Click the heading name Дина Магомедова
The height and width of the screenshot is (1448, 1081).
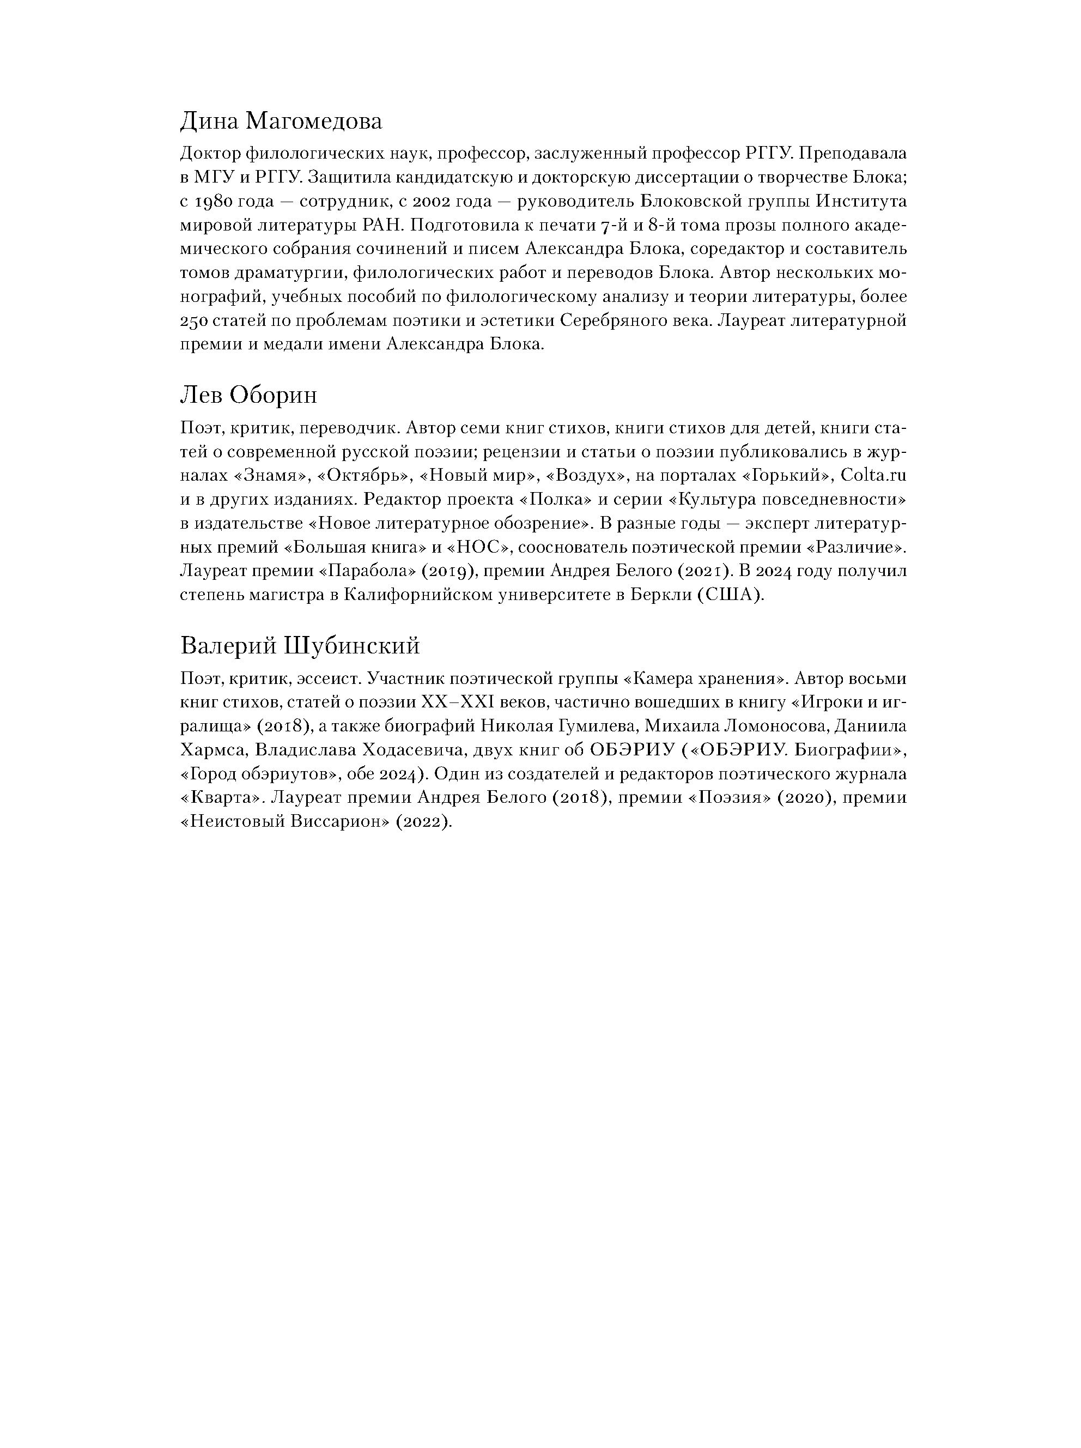coord(281,122)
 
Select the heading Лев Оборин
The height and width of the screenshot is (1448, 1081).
coord(248,395)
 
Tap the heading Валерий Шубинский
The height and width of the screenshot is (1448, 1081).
coord(300,646)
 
